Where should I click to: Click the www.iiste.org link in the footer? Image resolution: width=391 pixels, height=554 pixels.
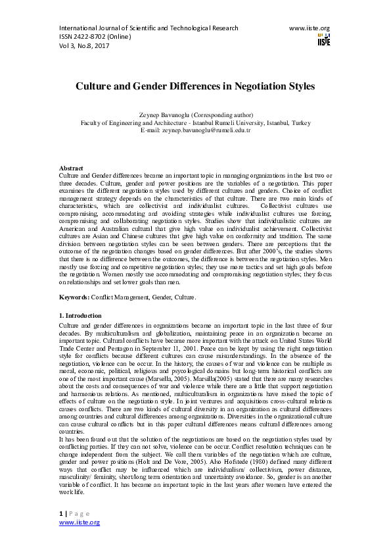point(80,522)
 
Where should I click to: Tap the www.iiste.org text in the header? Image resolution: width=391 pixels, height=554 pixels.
point(309,28)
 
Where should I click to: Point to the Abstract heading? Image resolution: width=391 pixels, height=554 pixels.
point(71,168)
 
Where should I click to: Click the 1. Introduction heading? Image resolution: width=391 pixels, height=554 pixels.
point(80,316)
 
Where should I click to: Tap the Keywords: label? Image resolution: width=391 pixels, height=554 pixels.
point(74,297)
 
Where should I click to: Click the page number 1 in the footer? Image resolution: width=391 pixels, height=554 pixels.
point(61,513)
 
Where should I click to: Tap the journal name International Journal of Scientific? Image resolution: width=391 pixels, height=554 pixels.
point(110,28)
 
